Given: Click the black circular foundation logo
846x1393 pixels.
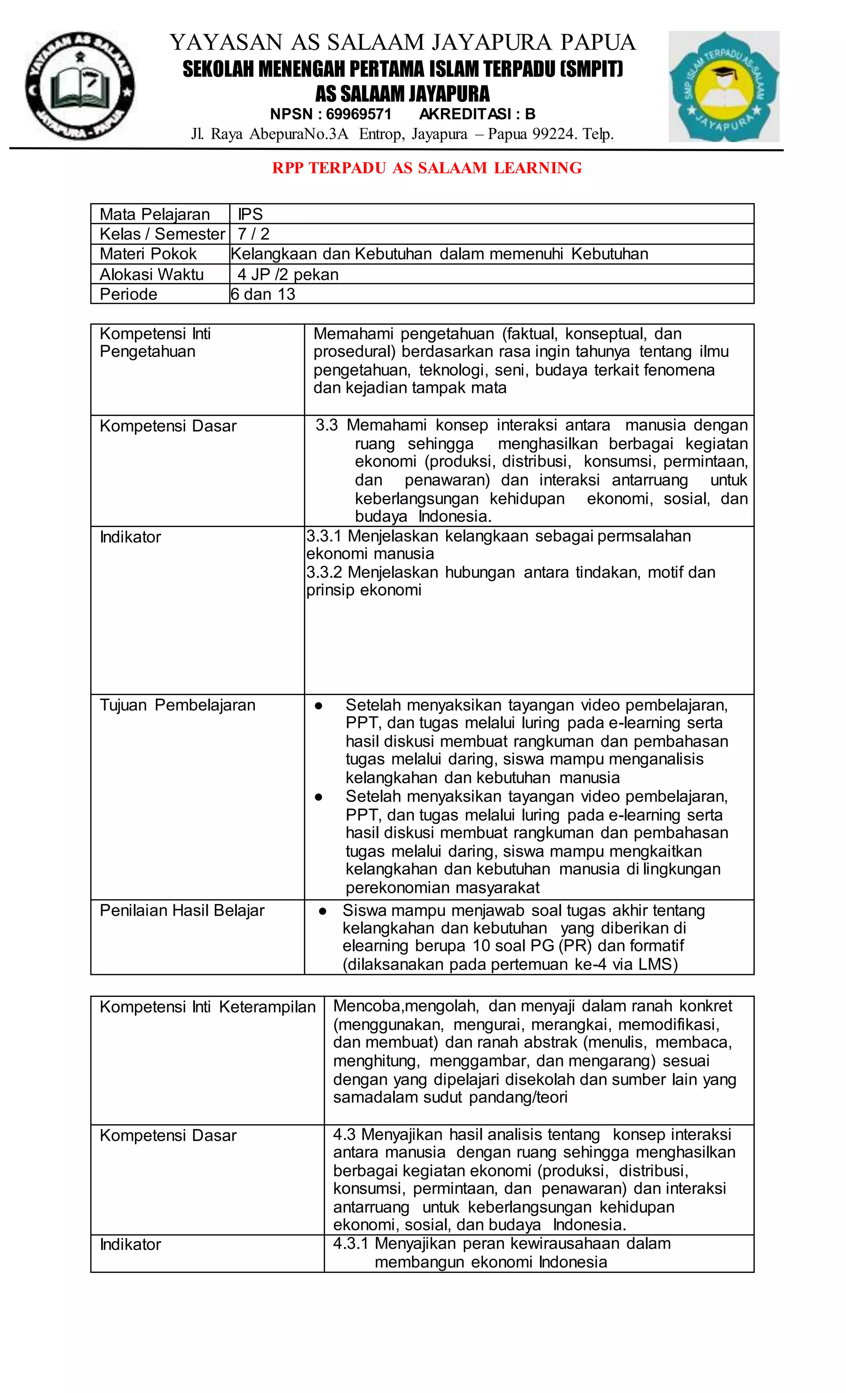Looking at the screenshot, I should pos(80,86).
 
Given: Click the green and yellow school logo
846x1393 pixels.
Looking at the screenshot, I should pos(723,86).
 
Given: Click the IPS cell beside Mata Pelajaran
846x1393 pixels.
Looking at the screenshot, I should pos(250,214).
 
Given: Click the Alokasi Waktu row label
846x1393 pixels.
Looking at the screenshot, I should pos(152,274).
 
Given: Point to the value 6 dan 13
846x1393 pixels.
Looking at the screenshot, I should pos(263,294).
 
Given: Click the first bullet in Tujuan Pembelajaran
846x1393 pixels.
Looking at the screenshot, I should pos(318,705).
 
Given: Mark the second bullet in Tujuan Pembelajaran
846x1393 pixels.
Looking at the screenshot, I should pos(318,797).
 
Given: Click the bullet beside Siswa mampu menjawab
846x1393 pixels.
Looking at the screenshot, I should pos(322,911).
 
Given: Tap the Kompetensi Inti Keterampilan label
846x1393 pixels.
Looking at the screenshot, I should pos(207,1007).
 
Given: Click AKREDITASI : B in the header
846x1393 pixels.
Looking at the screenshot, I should pos(477,114).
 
